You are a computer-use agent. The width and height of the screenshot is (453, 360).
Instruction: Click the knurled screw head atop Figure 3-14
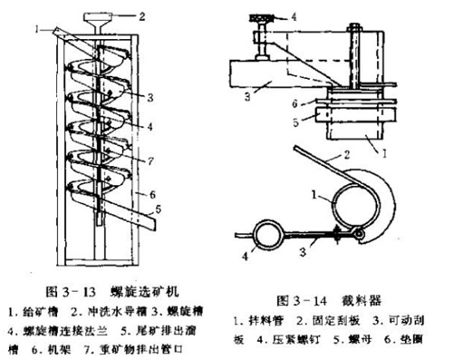[x=258, y=15]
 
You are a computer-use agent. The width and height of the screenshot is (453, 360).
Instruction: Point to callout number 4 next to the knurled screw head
[x=293, y=15]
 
